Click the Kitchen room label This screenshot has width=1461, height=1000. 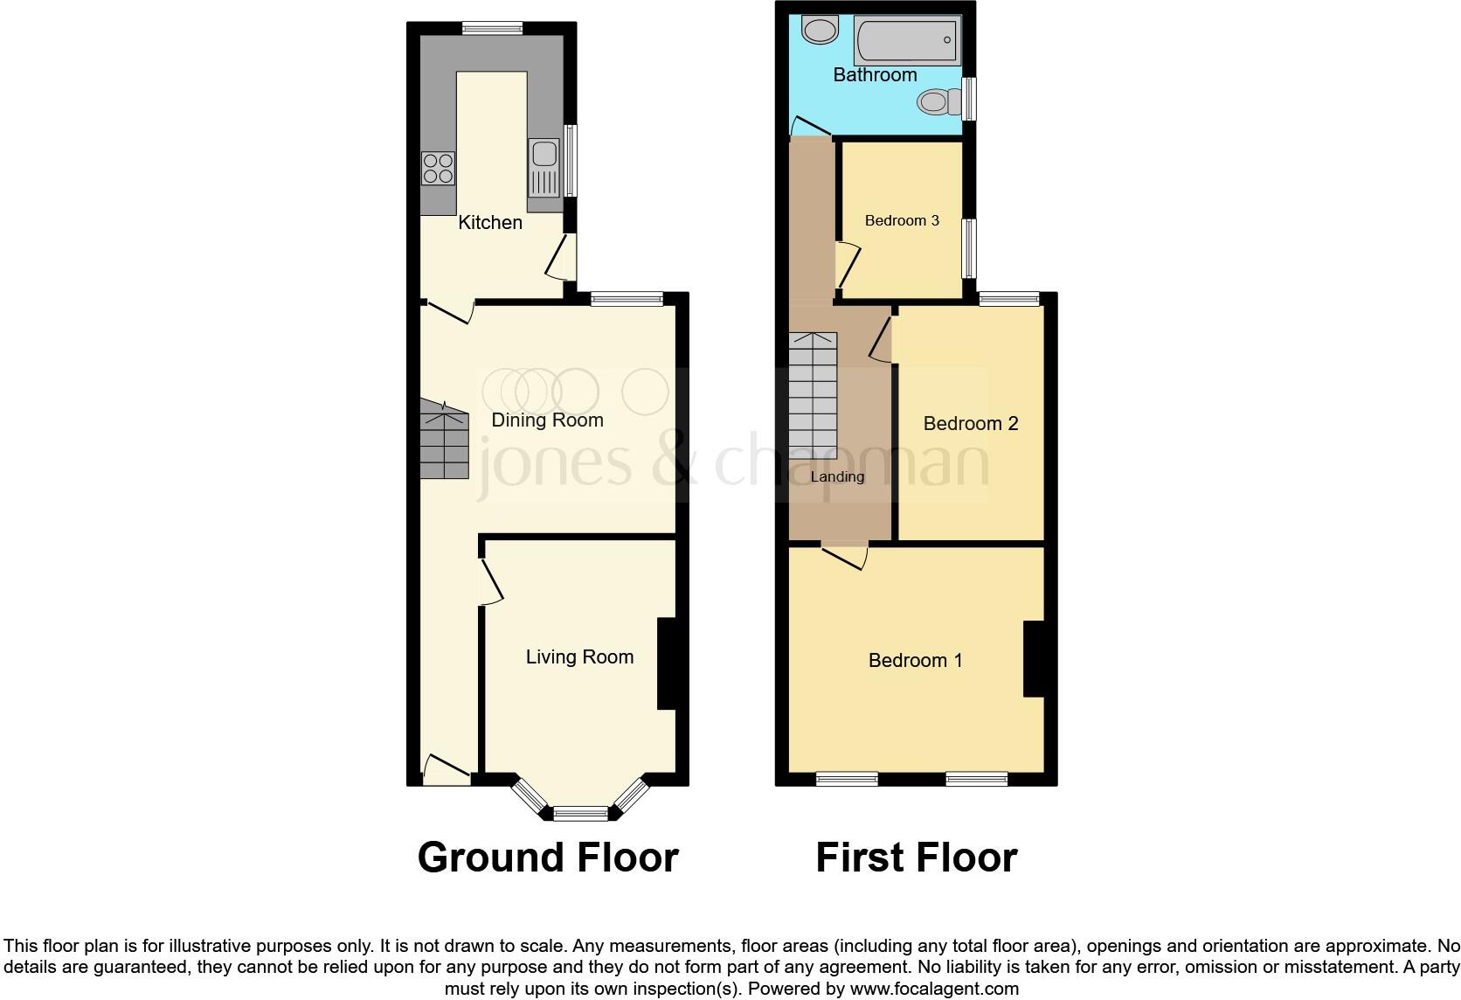[x=490, y=223]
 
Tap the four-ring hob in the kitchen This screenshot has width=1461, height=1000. [x=439, y=169]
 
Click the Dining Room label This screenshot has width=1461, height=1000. [x=547, y=420]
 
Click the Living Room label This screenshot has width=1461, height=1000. [x=579, y=657]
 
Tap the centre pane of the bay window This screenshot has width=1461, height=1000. [x=580, y=813]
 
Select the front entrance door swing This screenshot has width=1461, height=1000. [x=447, y=769]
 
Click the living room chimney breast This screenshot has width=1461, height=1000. [x=666, y=663]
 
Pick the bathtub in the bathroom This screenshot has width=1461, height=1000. [x=906, y=40]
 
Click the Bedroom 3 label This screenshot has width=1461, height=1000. [x=902, y=220]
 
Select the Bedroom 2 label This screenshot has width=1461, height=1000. [x=971, y=424]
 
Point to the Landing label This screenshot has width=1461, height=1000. [x=837, y=477]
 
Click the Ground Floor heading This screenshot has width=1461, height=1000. [x=548, y=858]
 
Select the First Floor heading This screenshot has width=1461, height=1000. [x=916, y=858]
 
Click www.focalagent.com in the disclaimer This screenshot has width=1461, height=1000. [x=934, y=990]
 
